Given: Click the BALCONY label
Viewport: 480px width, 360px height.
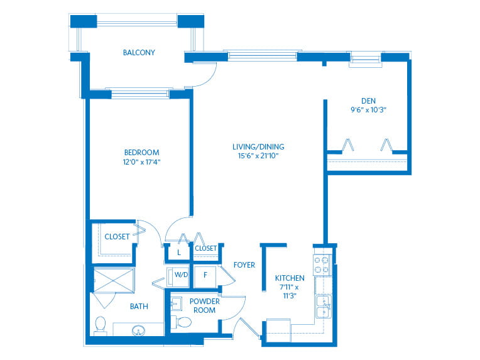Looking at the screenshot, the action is pyautogui.click(x=139, y=53).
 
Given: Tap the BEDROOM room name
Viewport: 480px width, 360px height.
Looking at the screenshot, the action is pyautogui.click(x=142, y=153).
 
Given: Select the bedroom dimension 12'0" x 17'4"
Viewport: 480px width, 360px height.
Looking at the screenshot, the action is pyautogui.click(x=142, y=161).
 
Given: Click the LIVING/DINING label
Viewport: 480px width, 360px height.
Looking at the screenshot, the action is pyautogui.click(x=258, y=146).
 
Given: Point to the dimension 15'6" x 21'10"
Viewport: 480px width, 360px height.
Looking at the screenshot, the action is pyautogui.click(x=258, y=156).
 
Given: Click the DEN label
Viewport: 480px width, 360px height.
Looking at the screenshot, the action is pyautogui.click(x=368, y=101).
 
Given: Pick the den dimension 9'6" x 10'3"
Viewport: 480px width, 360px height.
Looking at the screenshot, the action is pyautogui.click(x=368, y=109).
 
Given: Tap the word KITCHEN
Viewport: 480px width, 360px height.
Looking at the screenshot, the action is pyautogui.click(x=290, y=278).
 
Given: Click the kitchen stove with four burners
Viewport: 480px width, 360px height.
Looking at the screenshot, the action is pyautogui.click(x=322, y=265).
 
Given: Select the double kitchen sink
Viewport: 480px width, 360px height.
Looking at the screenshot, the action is pyautogui.click(x=324, y=307).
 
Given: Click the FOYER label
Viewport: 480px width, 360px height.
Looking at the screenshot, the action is pyautogui.click(x=244, y=265).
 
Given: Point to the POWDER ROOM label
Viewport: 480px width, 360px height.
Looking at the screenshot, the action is pyautogui.click(x=204, y=305).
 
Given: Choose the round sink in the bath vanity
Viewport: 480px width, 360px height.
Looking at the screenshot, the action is pyautogui.click(x=138, y=331).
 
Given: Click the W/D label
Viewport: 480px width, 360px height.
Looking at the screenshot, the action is pyautogui.click(x=181, y=275).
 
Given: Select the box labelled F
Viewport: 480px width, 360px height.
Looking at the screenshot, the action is pyautogui.click(x=205, y=277).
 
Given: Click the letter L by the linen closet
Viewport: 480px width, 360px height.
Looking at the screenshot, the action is pyautogui.click(x=179, y=253).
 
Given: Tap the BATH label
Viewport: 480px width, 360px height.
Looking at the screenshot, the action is pyautogui.click(x=139, y=306).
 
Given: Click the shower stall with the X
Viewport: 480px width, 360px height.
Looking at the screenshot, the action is pyautogui.click(x=114, y=280).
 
